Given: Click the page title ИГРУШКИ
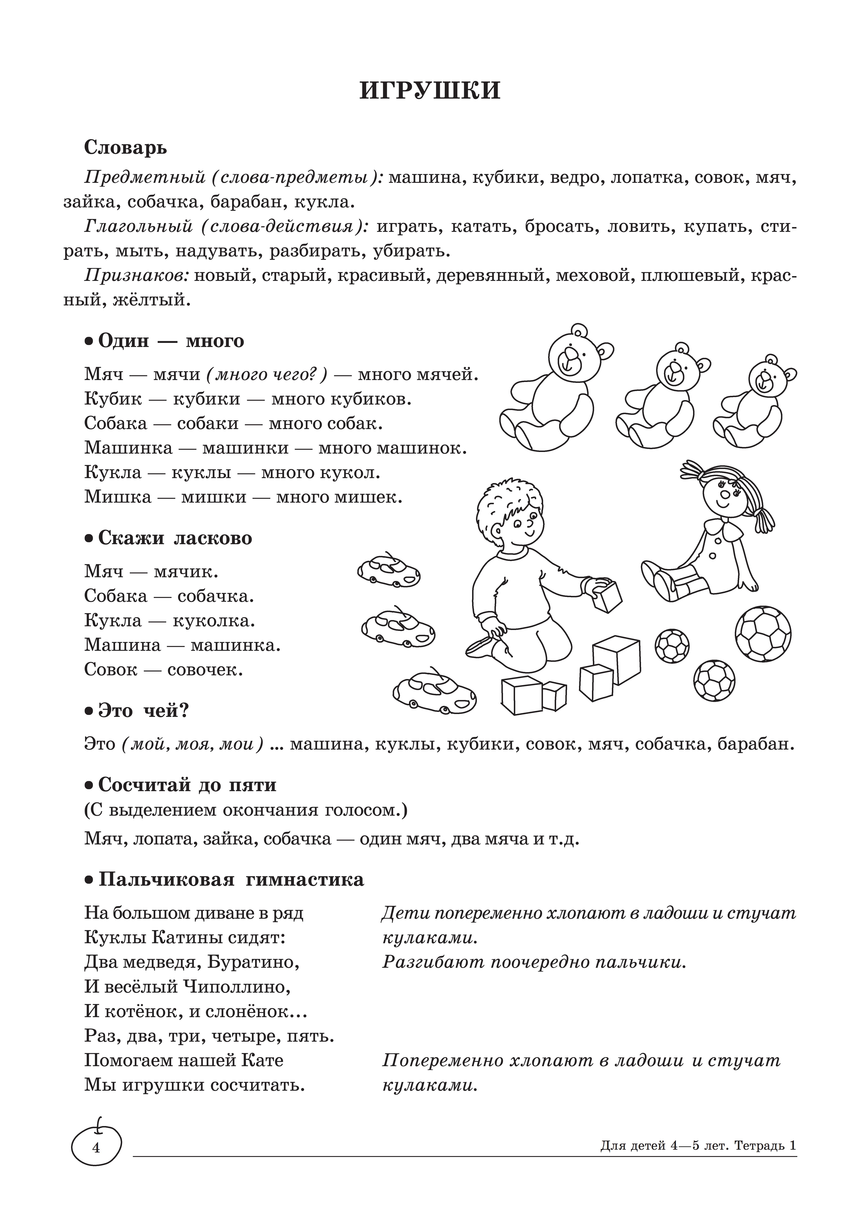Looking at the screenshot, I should (430, 91).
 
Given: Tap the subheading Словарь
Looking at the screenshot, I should (126, 147).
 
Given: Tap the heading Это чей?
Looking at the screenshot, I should (144, 710).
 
